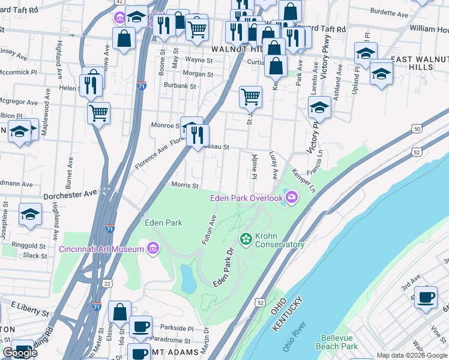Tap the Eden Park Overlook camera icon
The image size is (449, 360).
[x=292, y=197]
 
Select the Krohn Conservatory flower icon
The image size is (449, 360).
[x=246, y=239]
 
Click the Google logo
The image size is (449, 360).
[x=20, y=353]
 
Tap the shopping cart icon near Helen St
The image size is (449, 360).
[x=98, y=112]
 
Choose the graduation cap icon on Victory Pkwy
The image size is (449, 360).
[x=319, y=108]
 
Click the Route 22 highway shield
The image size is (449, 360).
[x=107, y=283]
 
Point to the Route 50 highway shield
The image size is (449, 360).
[x=417, y=128]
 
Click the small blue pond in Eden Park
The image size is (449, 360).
[x=188, y=277]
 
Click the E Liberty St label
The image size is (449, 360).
[x=28, y=313]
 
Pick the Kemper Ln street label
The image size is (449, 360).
[x=304, y=181]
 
